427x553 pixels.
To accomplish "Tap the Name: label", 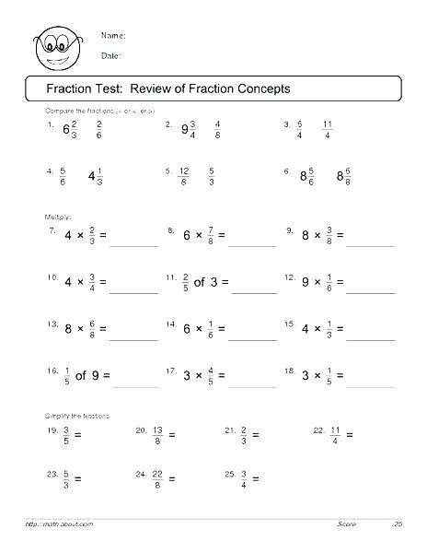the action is (113, 36).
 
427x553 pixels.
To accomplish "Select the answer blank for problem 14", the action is (251, 335).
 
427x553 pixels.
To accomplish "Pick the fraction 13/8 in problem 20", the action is (158, 434).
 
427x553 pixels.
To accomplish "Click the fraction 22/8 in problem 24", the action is (158, 478).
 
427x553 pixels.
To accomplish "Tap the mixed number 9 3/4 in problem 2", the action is (189, 130).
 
